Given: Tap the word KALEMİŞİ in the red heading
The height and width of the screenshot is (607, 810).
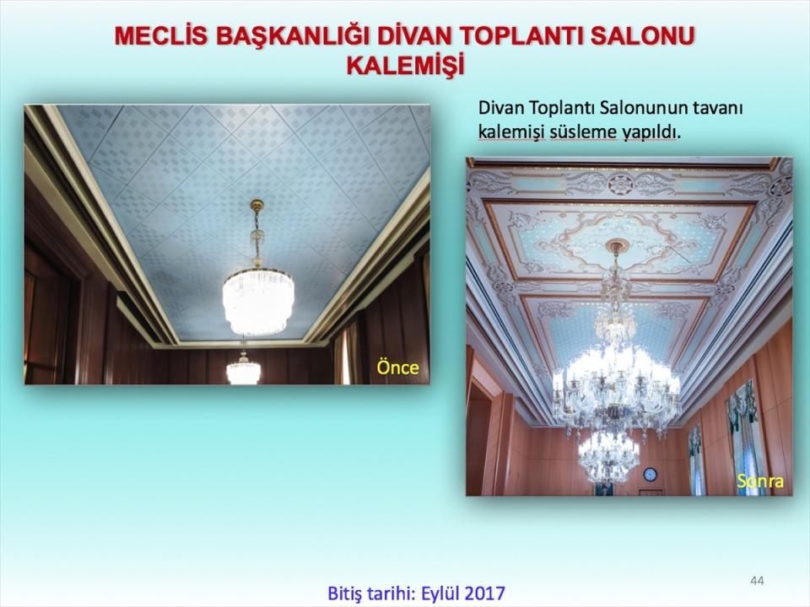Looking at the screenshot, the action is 406,66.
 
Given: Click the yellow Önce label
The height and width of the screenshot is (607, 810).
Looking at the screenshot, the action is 397,368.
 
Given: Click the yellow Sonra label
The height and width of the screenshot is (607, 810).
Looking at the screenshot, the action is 760,481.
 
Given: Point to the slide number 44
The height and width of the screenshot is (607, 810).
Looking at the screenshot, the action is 757,581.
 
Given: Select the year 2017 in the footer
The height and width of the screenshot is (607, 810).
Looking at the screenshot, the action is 484,593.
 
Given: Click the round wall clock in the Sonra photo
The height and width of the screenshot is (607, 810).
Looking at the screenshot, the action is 651,474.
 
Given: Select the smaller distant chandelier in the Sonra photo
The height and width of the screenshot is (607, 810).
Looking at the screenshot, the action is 608,457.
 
